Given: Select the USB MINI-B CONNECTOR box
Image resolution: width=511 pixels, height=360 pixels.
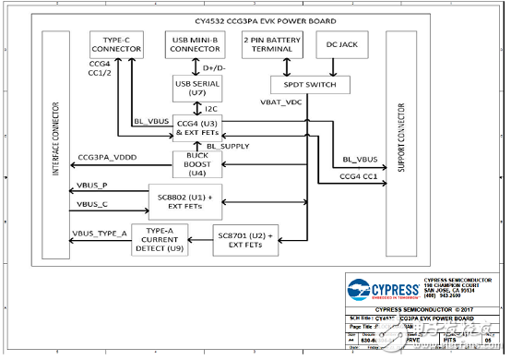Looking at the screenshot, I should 195,43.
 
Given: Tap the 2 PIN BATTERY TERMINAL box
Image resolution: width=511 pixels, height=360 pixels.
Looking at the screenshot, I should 271,43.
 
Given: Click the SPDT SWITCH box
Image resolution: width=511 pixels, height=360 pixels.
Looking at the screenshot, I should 308,84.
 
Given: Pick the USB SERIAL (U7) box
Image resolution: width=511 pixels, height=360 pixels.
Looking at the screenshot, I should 194,89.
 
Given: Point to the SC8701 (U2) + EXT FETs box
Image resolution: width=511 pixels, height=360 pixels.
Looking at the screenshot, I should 244,241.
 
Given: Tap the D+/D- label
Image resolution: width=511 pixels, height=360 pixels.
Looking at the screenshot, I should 215,66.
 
